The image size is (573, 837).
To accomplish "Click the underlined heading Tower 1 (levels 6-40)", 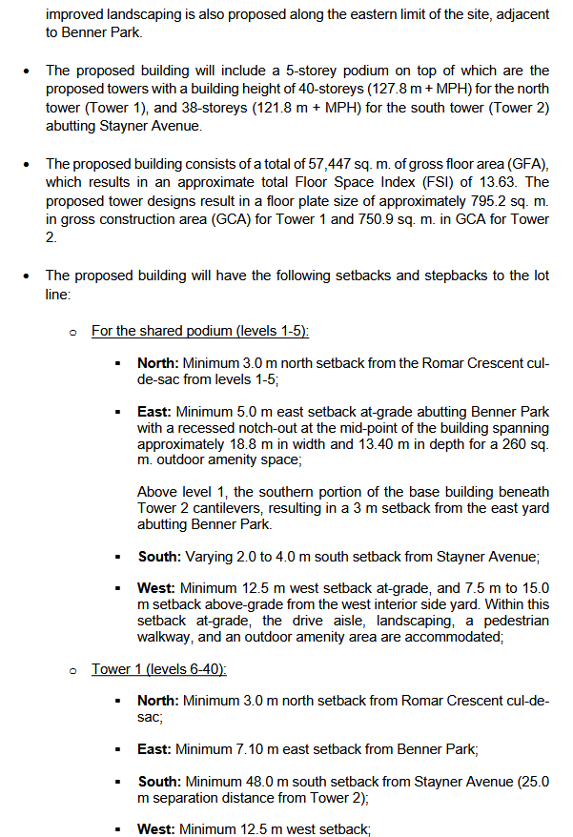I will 159,668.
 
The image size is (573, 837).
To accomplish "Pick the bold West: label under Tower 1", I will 155,829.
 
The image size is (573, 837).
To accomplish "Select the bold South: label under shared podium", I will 158,557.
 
